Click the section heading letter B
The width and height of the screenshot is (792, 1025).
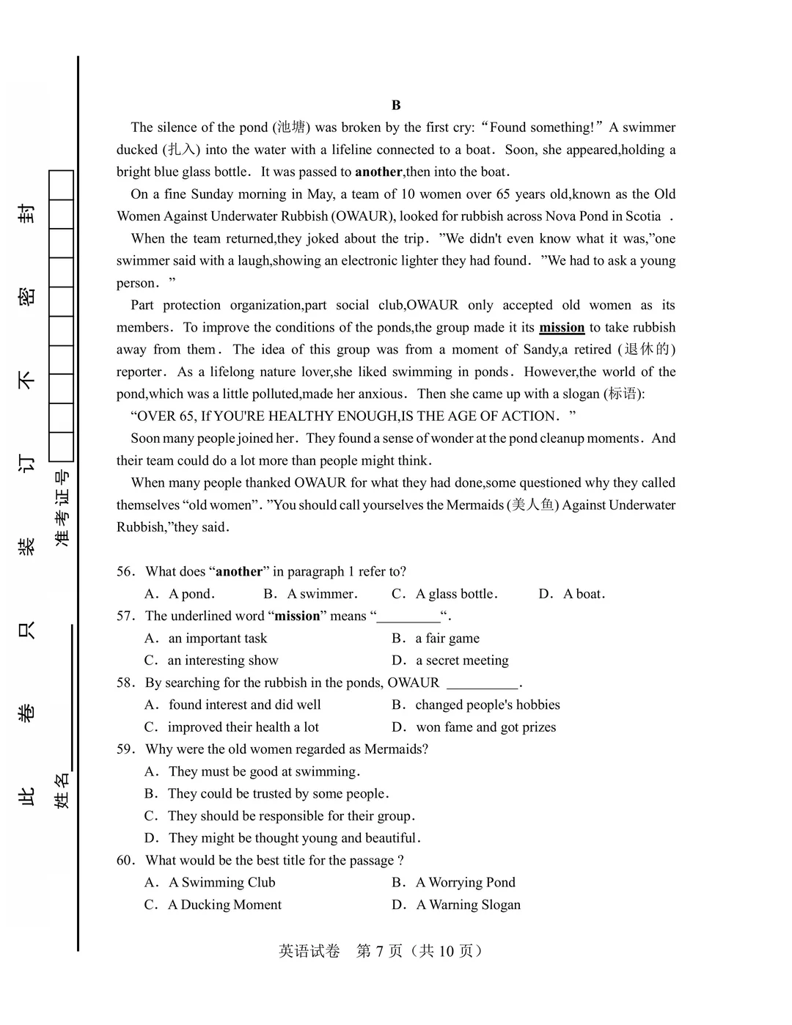tap(396, 105)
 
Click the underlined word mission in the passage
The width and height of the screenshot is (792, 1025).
tap(562, 328)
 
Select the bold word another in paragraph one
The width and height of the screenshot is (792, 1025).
tap(378, 172)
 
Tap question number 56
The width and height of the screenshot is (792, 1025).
tap(125, 572)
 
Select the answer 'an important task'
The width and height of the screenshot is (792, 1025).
tap(217, 639)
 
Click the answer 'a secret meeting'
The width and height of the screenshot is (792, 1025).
tap(462, 661)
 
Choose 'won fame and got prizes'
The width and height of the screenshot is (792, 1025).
tap(485, 727)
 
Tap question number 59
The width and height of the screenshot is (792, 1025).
tap(125, 749)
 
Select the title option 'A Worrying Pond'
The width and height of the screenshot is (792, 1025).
tap(465, 883)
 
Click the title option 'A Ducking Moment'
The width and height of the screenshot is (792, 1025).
tap(224, 905)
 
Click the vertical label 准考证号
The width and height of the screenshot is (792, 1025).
tap(62, 507)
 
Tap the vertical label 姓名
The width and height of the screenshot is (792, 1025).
tap(62, 790)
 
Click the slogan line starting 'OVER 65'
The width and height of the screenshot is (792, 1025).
tap(353, 416)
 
